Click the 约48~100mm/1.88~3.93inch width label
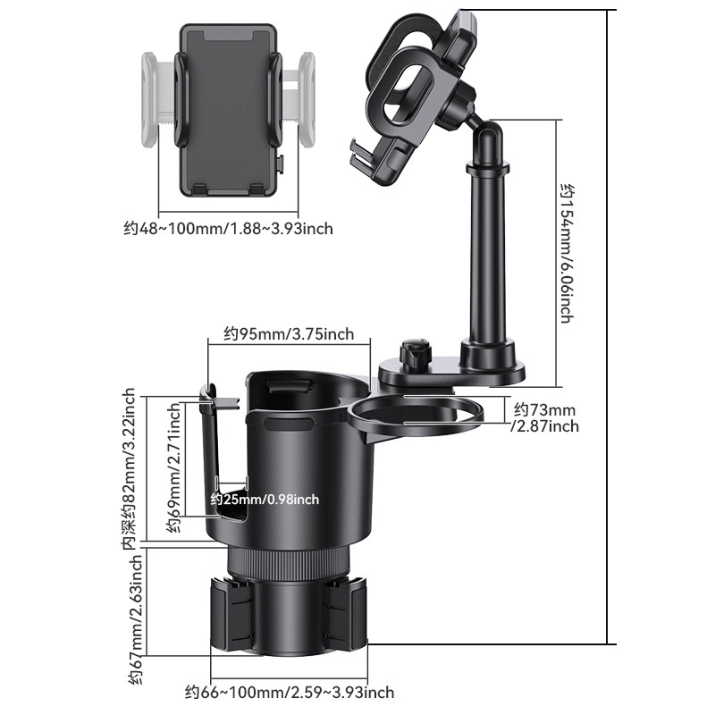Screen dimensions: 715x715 [228, 228]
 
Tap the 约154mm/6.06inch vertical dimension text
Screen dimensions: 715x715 [568, 254]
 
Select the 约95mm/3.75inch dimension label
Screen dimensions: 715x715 [289, 334]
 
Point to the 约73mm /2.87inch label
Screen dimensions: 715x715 [545, 417]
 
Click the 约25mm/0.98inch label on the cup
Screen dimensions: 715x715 [265, 500]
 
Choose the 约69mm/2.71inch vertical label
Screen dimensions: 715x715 [173, 467]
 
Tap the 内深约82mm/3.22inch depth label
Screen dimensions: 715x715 [130, 469]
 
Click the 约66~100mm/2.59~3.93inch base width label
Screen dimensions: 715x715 [289, 692]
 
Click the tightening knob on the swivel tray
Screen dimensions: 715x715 [414, 353]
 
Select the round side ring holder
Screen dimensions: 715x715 [416, 413]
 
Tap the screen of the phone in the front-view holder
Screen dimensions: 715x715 [228, 109]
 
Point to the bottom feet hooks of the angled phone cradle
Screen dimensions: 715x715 [365, 157]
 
